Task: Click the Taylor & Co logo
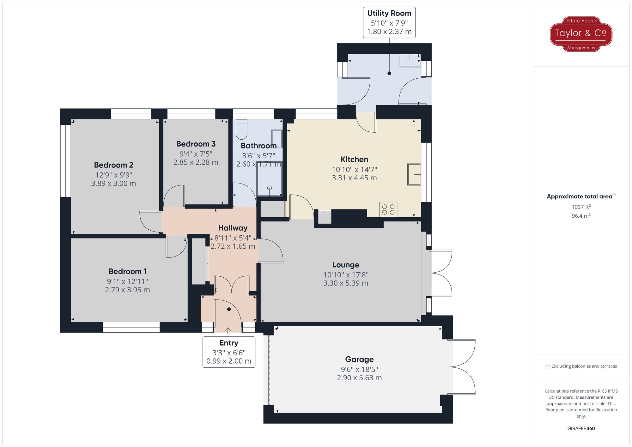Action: pos(581,34)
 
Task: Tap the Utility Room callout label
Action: pos(389,22)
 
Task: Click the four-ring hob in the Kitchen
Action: pos(388,209)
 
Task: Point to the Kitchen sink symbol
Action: pos(414,174)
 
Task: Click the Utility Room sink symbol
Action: pos(410,60)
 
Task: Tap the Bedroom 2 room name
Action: pos(113,165)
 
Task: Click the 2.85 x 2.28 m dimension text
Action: pos(196,162)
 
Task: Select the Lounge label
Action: pos(346,265)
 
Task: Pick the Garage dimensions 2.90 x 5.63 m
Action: pos(359,378)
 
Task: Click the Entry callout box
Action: pos(229,352)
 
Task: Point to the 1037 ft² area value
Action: pos(581,207)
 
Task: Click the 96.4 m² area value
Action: pos(581,216)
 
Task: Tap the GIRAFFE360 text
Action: pos(581,428)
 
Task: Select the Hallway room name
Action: pos(233,228)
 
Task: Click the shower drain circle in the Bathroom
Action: pos(270,188)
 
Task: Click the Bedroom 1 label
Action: pos(127,271)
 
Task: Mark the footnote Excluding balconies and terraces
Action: pos(581,366)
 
